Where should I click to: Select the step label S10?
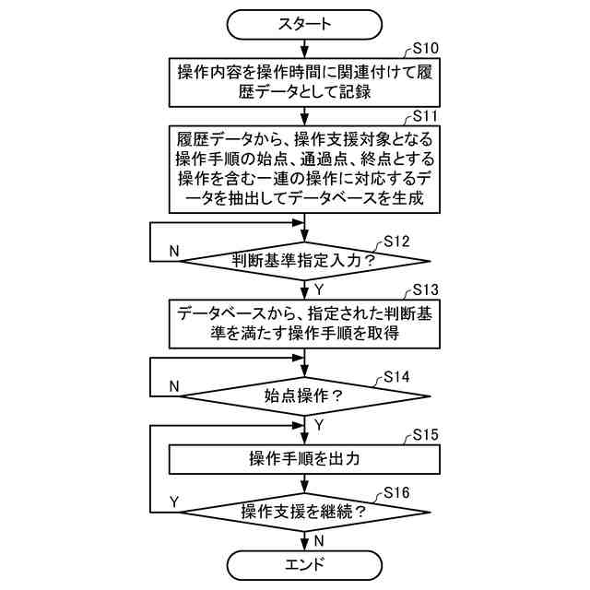pyautogui.click(x=425, y=48)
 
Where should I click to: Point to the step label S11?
pyautogui.click(x=425, y=117)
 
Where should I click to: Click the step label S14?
pyautogui.click(x=395, y=377)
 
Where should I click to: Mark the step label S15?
pyautogui.click(x=425, y=433)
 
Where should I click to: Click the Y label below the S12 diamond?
pyautogui.click(x=319, y=289)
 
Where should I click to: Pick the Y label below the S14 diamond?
pyautogui.click(x=319, y=425)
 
